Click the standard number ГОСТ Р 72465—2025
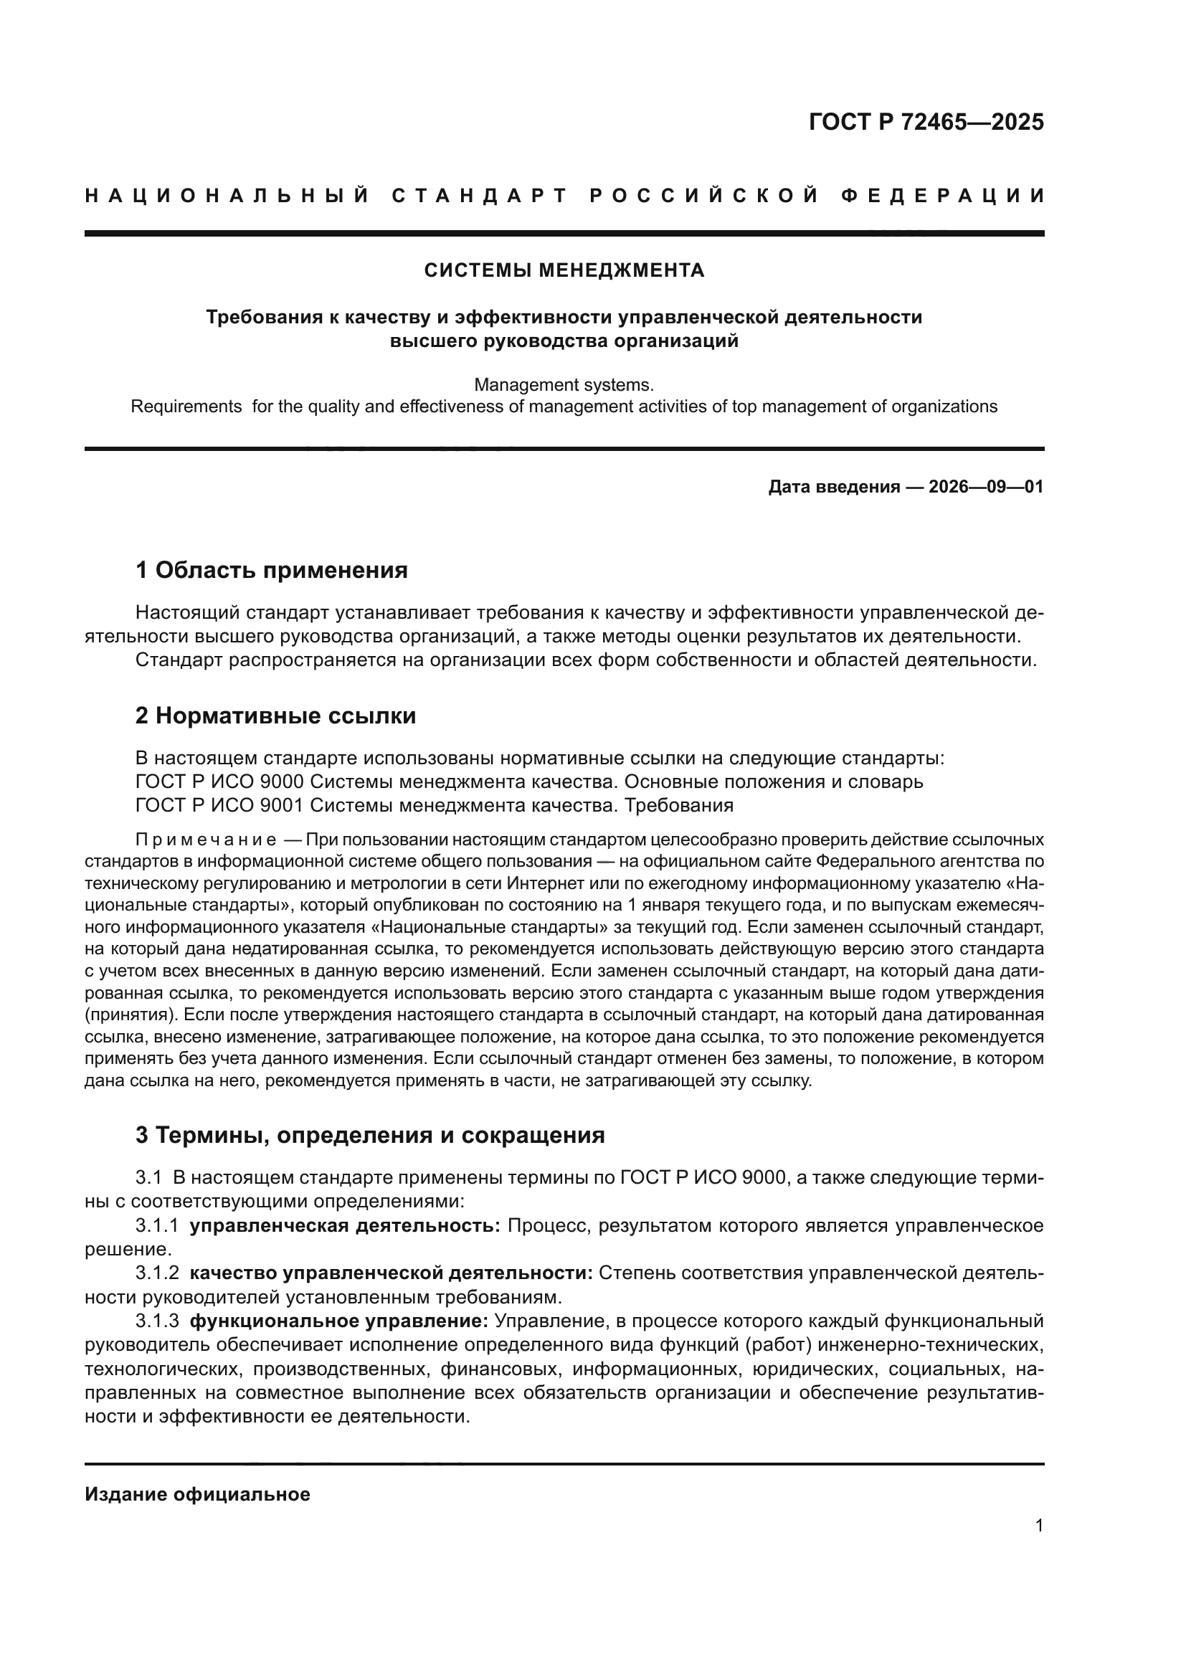[926, 122]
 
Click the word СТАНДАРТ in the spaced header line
[479, 196]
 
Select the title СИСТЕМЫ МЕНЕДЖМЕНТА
[564, 271]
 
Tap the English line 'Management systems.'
[564, 385]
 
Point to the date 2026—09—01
[986, 486]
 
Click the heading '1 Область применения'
[272, 571]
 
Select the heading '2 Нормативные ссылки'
[276, 716]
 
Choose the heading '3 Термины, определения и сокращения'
[370, 1135]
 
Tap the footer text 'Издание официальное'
[197, 1494]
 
